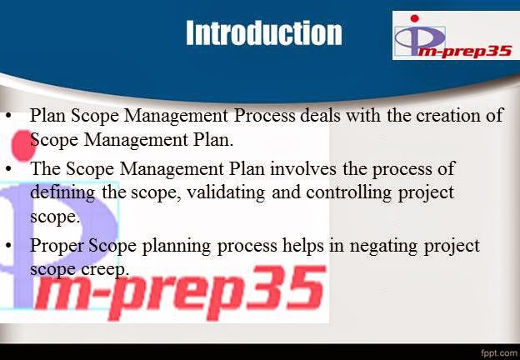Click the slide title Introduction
263,32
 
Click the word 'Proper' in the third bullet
54,246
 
